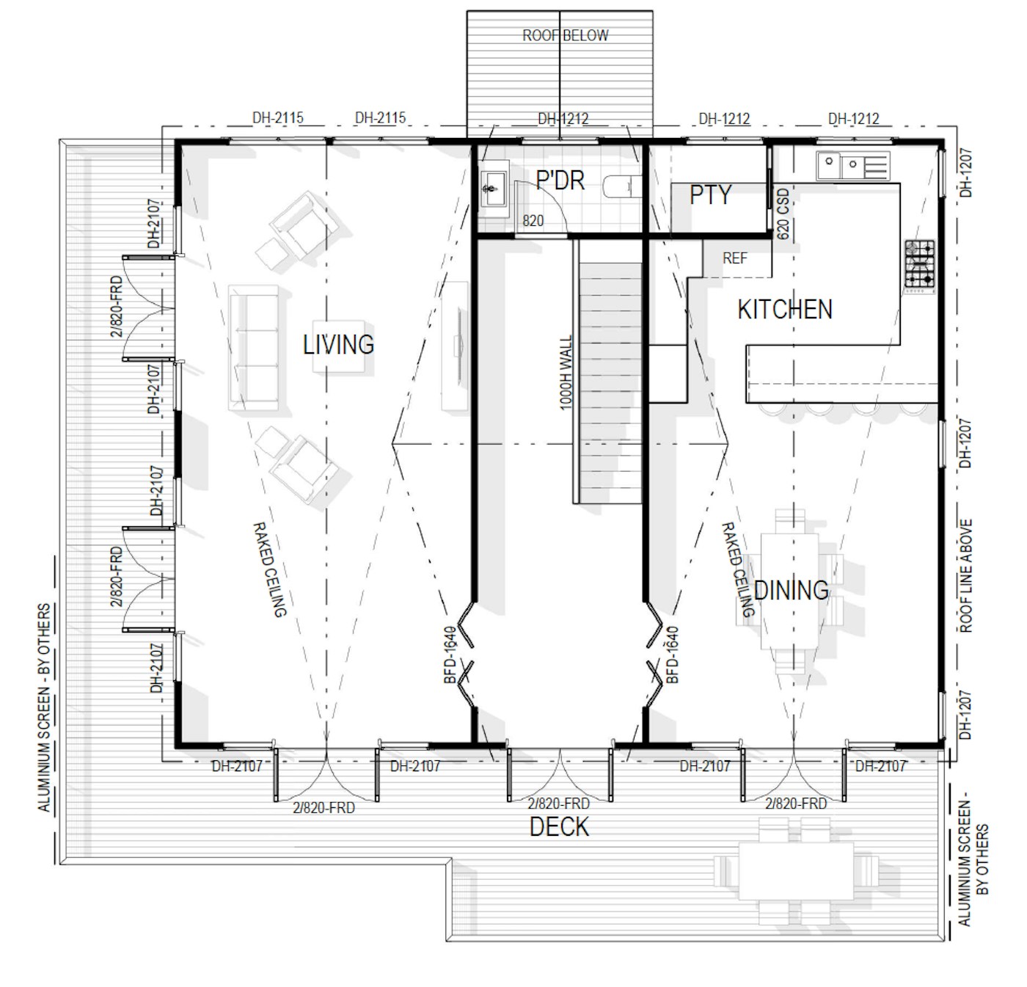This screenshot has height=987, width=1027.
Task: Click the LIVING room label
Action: [338, 345]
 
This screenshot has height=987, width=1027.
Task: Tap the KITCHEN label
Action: [785, 309]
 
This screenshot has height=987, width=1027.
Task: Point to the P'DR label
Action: [560, 181]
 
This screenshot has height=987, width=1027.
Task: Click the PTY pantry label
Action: [710, 194]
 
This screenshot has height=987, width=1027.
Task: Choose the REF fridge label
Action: [734, 258]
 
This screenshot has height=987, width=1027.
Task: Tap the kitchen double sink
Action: [853, 166]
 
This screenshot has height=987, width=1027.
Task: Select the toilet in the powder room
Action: [622, 187]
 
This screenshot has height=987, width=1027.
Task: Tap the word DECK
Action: [559, 826]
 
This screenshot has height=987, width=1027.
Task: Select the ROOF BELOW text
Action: [566, 35]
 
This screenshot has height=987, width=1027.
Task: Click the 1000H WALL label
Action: [566, 373]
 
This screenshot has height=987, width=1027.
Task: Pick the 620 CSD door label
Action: [783, 214]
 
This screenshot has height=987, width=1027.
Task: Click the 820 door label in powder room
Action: [533, 221]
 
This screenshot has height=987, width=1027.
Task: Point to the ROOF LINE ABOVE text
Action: [966, 576]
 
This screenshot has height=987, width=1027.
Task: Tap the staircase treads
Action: [610, 383]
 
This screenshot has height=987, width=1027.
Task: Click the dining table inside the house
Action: [789, 591]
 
